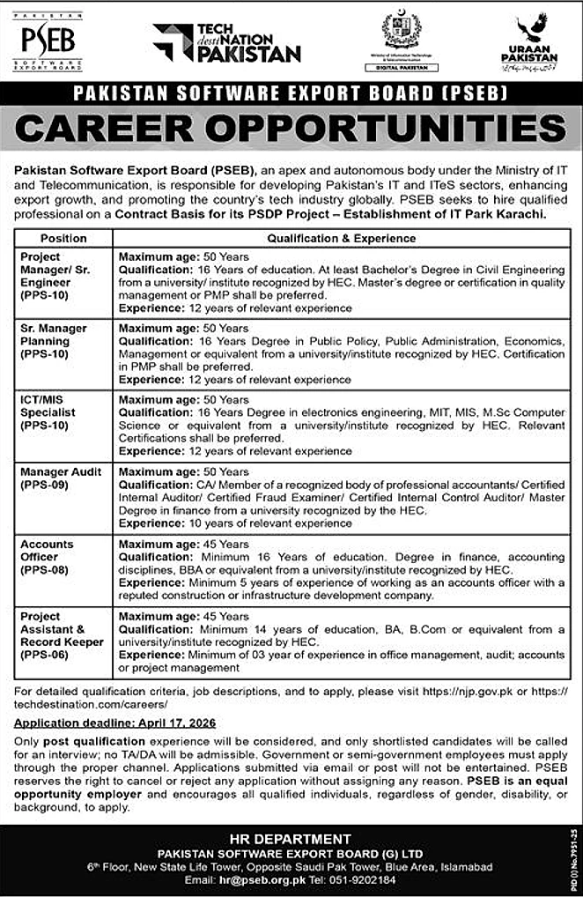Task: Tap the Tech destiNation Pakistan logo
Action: [x=226, y=42]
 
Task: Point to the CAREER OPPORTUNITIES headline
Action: [x=291, y=130]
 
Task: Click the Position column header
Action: [x=63, y=238]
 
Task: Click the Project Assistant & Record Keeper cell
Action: [x=63, y=635]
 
